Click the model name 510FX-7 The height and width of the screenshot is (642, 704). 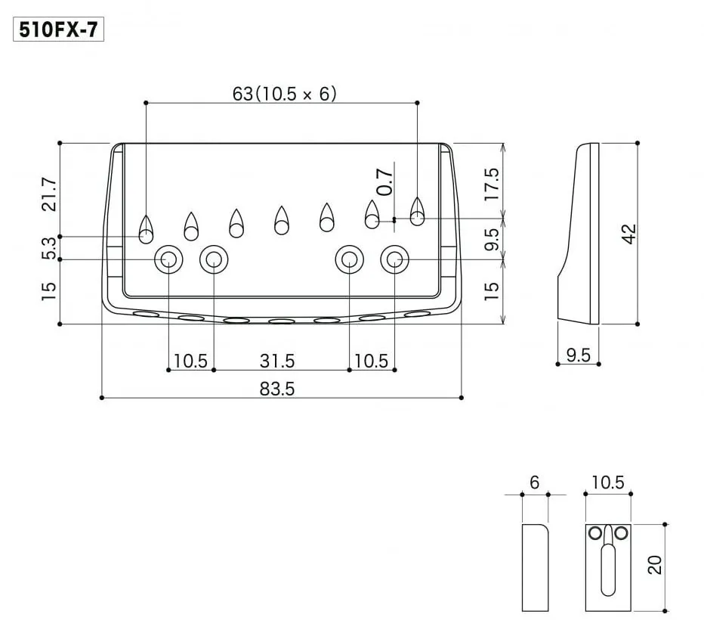tap(58, 30)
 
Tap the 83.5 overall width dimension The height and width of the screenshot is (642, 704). tap(277, 389)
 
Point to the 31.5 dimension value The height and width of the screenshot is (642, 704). tap(277, 361)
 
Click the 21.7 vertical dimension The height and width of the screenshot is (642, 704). tap(49, 194)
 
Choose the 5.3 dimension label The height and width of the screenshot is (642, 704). tap(49, 248)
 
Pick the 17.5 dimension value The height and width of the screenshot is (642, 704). tap(492, 184)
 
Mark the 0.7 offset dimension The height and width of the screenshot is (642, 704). tap(385, 181)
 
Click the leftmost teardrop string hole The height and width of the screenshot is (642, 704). tap(146, 226)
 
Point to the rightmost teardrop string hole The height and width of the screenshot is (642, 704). tap(417, 211)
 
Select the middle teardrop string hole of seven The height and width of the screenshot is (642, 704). tap(282, 220)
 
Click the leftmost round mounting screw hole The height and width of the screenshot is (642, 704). tap(168, 259)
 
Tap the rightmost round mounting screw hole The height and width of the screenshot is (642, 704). tap(394, 259)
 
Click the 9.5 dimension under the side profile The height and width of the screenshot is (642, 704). tap(578, 355)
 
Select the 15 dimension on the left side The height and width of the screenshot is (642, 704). tap(49, 291)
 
